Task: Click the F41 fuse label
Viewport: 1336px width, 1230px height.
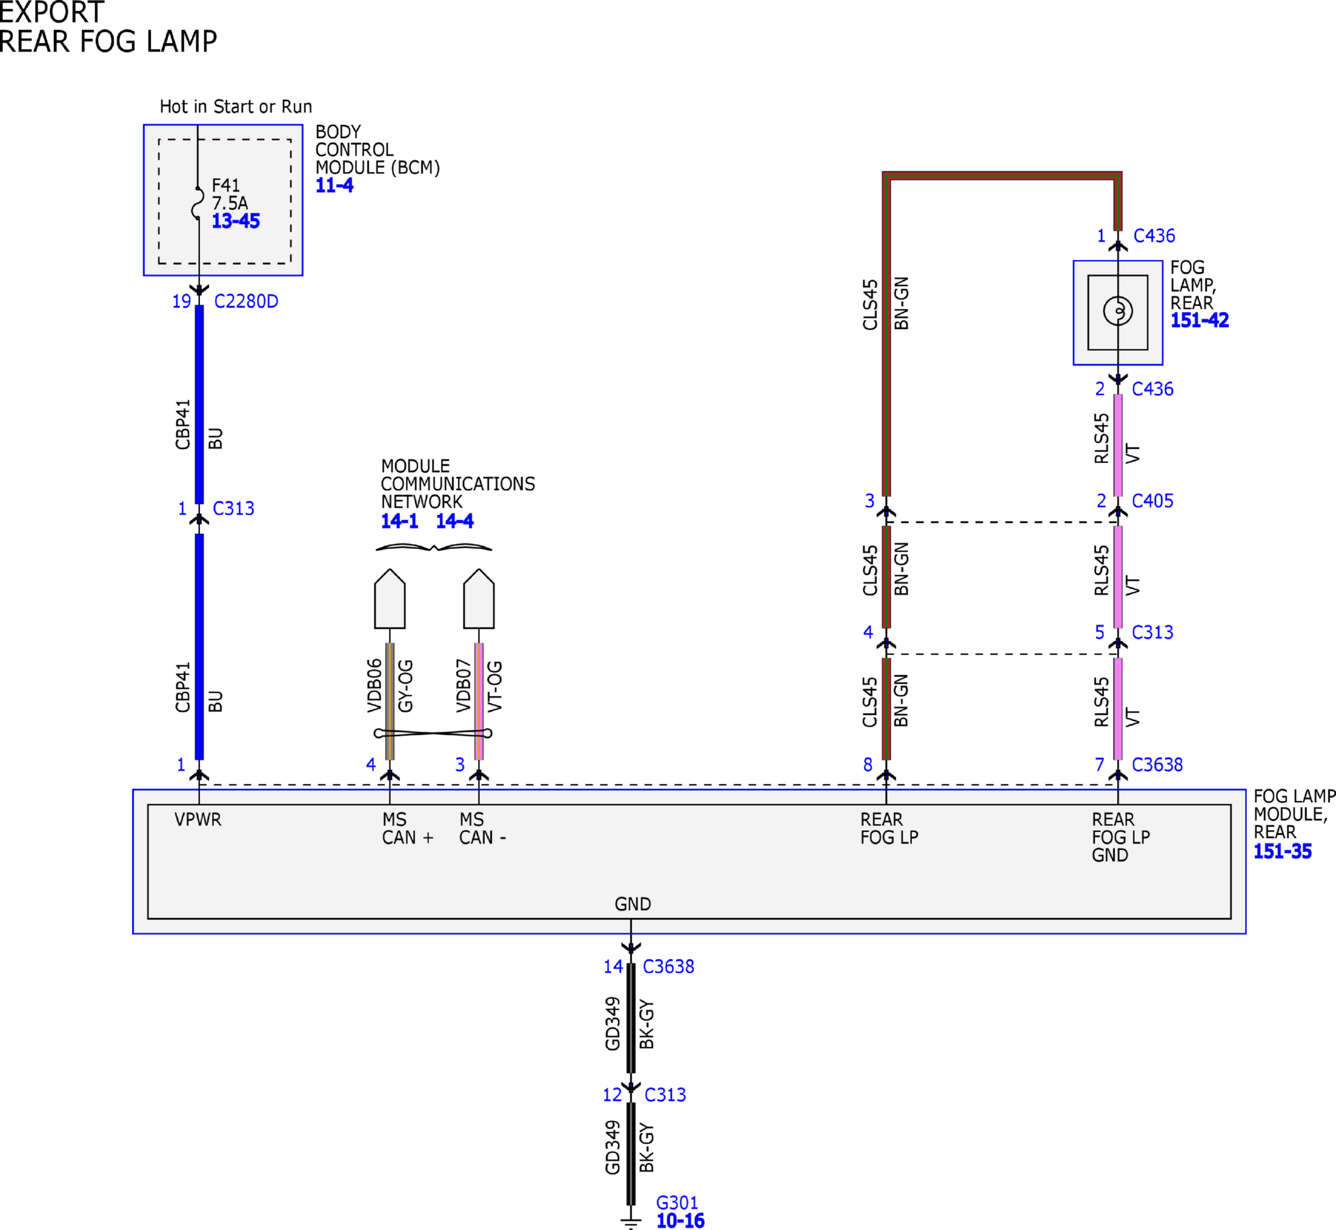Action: pyautogui.click(x=226, y=185)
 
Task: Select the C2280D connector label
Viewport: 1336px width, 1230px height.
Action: pyautogui.click(x=246, y=301)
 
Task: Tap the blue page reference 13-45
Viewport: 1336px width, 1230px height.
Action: pyautogui.click(x=236, y=221)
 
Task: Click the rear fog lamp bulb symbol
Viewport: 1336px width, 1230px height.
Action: pyautogui.click(x=1118, y=310)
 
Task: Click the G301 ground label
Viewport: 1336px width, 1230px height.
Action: pyautogui.click(x=677, y=1203)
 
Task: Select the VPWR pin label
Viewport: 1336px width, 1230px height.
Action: pyautogui.click(x=198, y=820)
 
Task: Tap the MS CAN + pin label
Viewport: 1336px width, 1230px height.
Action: pyautogui.click(x=407, y=828)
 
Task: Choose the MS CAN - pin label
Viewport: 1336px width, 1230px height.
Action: pyautogui.click(x=482, y=828)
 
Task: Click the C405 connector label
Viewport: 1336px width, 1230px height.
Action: pyautogui.click(x=1152, y=501)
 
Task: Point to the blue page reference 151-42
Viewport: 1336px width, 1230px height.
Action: pyautogui.click(x=1200, y=320)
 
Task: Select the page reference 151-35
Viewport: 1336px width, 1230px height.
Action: pyautogui.click(x=1283, y=852)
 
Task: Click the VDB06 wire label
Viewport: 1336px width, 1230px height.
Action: pyautogui.click(x=374, y=685)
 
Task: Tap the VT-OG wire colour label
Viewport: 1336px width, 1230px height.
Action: pyautogui.click(x=495, y=686)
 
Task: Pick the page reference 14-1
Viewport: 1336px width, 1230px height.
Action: pyautogui.click(x=399, y=520)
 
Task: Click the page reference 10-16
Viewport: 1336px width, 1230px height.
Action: pyautogui.click(x=681, y=1221)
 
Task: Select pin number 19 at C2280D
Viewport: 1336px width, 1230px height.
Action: pyautogui.click(x=182, y=301)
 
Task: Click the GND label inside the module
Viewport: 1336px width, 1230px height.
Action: pyautogui.click(x=633, y=904)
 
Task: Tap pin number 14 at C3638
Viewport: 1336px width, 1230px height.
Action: pyautogui.click(x=613, y=966)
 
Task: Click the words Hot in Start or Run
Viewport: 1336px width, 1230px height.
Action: pyautogui.click(x=236, y=107)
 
